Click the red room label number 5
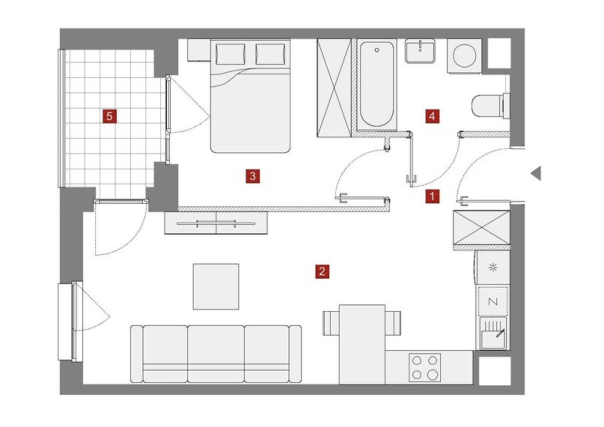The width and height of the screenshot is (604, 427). [x=109, y=116]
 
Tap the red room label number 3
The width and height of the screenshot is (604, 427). [x=252, y=176]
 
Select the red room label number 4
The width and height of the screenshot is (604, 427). [x=432, y=116]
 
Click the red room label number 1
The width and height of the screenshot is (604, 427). [x=432, y=196]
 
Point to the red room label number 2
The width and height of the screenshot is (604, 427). [x=322, y=271]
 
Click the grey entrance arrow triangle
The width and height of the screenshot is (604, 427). [x=536, y=173]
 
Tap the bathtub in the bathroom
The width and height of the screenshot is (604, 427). [x=376, y=84]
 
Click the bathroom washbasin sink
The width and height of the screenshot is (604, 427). [x=420, y=51]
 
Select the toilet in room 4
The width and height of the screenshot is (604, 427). [x=490, y=106]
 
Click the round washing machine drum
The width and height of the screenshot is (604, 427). [x=464, y=56]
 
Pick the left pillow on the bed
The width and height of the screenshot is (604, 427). [x=230, y=54]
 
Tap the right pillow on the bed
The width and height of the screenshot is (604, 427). [x=270, y=54]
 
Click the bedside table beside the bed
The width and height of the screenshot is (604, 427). [x=199, y=50]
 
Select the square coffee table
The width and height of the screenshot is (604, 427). [x=216, y=286]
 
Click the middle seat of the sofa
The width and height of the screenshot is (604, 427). [x=215, y=353]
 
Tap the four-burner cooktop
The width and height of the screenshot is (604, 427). [x=424, y=367]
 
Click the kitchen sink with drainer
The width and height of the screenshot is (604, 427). [x=493, y=333]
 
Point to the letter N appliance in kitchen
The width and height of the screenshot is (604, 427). [x=493, y=301]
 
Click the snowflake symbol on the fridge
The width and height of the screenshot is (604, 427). [x=493, y=267]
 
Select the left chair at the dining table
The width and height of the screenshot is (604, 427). [x=331, y=323]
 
